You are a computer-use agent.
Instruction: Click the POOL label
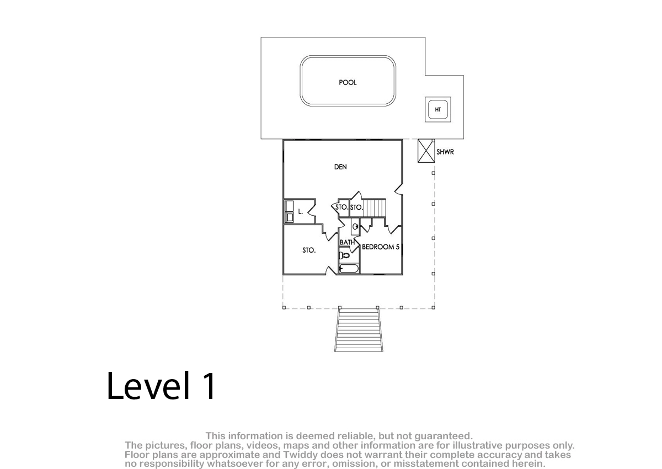point(348,82)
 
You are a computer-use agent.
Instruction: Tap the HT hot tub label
point(437,110)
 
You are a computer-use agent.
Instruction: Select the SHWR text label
point(445,152)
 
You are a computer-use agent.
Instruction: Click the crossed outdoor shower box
point(426,151)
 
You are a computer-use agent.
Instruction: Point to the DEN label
point(340,167)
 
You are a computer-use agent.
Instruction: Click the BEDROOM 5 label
point(381,247)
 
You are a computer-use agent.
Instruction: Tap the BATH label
point(347,242)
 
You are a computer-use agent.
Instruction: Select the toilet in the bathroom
point(344,255)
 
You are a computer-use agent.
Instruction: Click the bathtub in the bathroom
point(349,269)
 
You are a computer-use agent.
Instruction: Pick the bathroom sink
point(355,227)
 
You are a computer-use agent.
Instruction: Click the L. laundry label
point(301,211)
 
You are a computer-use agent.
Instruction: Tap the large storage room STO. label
point(309,251)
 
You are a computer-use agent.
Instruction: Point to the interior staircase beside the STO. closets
point(374,208)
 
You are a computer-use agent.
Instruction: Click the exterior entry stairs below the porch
point(359,329)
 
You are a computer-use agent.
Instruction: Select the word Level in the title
point(148,386)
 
